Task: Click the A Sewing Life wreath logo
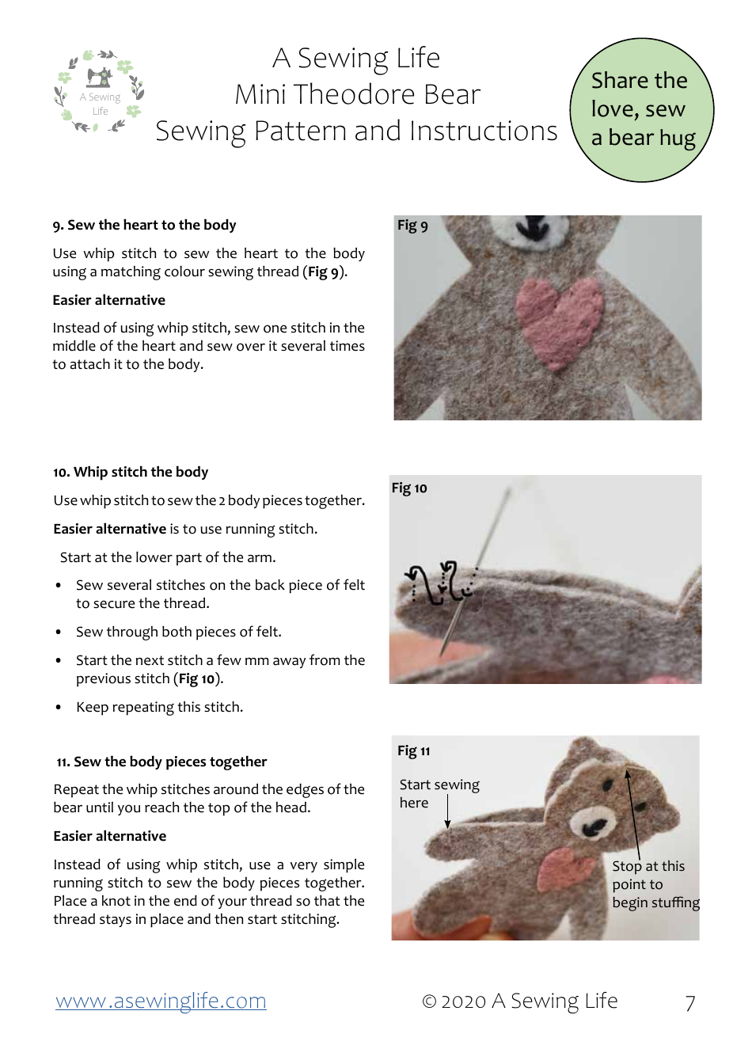coord(99,92)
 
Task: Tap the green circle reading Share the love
coord(641,110)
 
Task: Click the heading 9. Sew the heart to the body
coord(144,225)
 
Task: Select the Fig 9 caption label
coord(412,226)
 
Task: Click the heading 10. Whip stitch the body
coord(131,472)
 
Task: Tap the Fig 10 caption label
coord(409,488)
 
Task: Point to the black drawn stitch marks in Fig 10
coord(440,583)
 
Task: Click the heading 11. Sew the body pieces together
coord(161,762)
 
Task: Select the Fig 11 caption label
coord(414,750)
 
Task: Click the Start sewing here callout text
coord(439,793)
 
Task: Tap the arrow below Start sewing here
coord(447,812)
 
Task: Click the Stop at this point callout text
coord(655,884)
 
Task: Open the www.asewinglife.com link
coord(161,1001)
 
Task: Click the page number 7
coord(690,1003)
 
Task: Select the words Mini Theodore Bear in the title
coord(358,94)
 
